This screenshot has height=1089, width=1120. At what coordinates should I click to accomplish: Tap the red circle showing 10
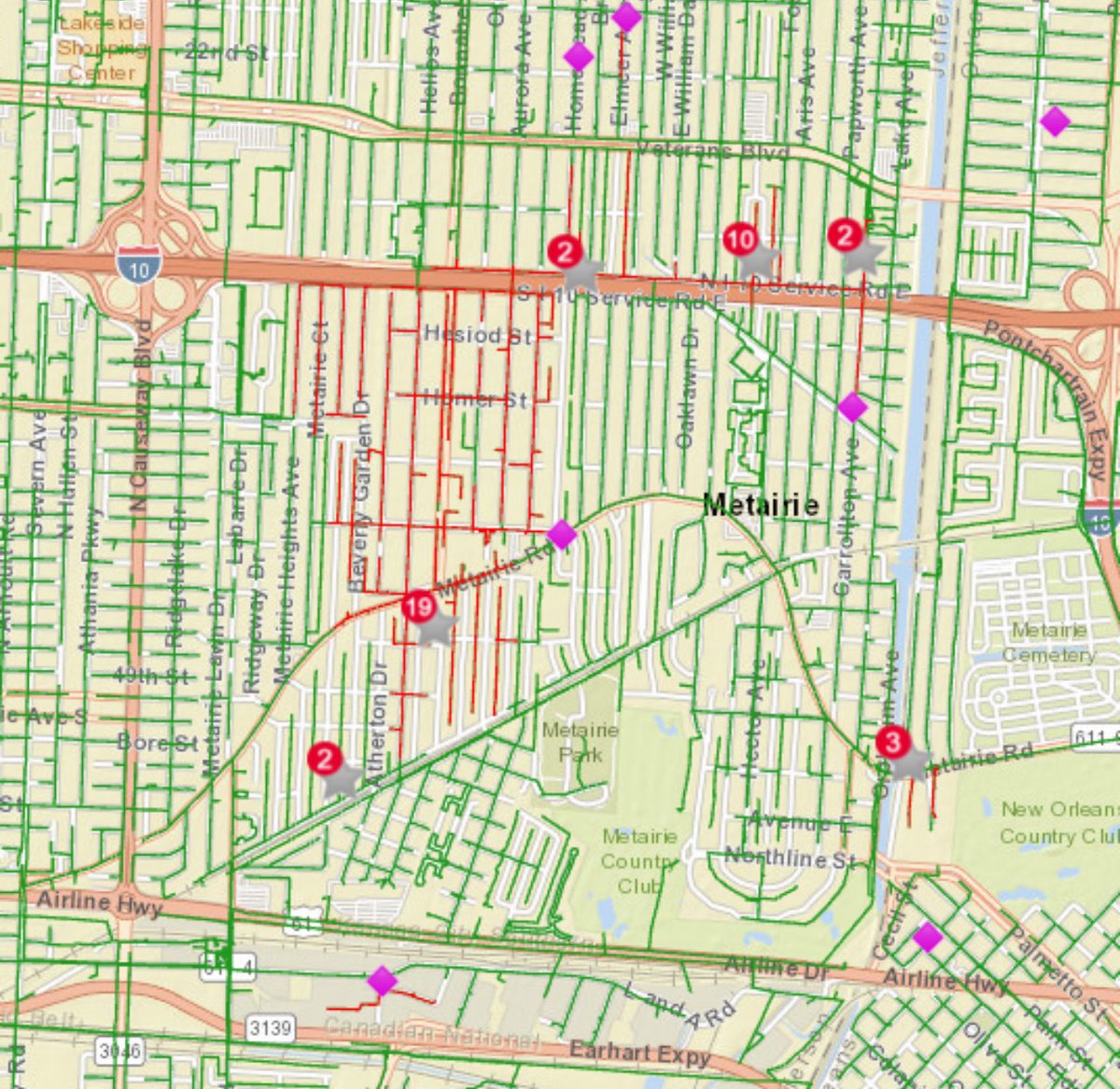tap(739, 240)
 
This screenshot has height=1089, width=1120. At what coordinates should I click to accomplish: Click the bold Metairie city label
tap(761, 506)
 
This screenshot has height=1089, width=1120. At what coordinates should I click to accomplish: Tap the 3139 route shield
tap(270, 1028)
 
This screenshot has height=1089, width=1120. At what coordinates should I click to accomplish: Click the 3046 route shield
tap(120, 1052)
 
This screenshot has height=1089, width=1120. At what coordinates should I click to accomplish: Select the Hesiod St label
tap(477, 334)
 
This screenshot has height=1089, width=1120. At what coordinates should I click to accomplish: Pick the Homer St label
tap(476, 399)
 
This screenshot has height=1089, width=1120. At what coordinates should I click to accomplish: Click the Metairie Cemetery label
tap(1048, 643)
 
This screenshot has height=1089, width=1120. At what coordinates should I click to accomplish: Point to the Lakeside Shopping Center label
tap(101, 47)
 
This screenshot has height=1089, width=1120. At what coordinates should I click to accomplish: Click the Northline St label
tap(791, 858)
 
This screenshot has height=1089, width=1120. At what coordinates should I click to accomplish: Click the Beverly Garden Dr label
tap(360, 491)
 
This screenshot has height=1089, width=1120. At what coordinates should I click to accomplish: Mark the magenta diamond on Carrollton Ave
tap(852, 407)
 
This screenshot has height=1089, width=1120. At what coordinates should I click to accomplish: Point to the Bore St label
tap(158, 743)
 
